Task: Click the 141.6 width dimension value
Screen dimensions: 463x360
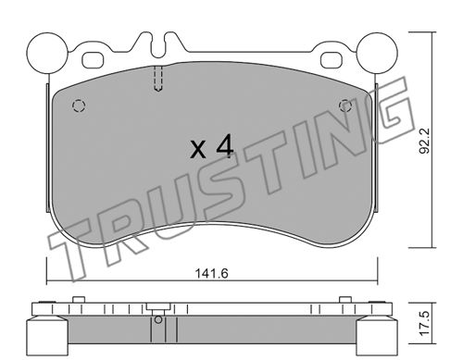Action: coord(212,273)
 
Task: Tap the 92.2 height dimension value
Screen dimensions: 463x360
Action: coord(425,141)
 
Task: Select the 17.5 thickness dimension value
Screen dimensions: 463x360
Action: coord(425,323)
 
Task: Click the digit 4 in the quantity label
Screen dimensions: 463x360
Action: coord(224,147)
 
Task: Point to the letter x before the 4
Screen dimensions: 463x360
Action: coord(198,150)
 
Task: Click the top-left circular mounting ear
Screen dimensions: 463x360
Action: coord(47,53)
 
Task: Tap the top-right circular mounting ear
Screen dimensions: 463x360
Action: coord(377,53)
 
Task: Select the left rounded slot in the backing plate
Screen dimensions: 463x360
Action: coord(93,60)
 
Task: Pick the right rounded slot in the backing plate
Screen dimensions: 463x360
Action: coord(332,60)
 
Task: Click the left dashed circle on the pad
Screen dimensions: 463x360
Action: coord(79,106)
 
